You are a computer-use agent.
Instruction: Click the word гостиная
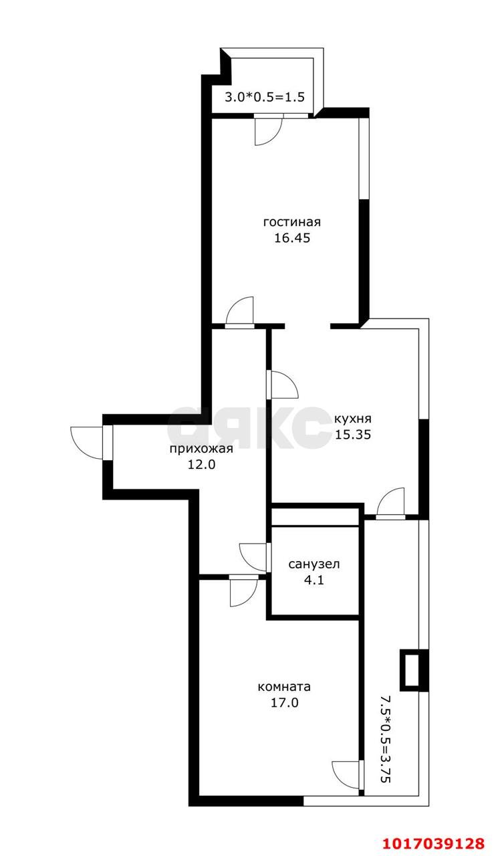coord(292,222)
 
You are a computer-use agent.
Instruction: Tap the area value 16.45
coord(292,238)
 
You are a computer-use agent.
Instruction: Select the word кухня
coord(353,419)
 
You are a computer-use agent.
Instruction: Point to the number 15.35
coord(353,435)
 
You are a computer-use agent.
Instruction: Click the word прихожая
coord(201,449)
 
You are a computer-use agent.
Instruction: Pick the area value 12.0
coord(201,464)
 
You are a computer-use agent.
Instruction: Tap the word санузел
coord(314,564)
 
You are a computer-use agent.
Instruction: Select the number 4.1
coord(314,580)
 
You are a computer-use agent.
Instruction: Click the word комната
coord(285,687)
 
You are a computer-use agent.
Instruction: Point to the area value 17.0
coord(285,702)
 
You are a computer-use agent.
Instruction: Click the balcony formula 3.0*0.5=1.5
coord(264,97)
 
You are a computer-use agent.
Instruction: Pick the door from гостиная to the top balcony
coord(268,130)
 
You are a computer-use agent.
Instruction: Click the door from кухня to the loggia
coord(390,502)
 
